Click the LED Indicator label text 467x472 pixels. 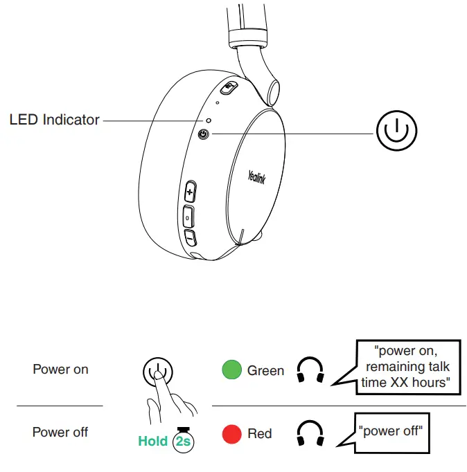(54, 120)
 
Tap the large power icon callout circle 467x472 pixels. (396, 130)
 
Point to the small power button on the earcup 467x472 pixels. (204, 134)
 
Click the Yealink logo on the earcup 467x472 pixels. (256, 178)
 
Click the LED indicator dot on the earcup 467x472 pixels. (208, 120)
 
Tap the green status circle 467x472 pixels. (231, 370)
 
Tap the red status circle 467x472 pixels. (231, 434)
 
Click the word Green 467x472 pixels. (265, 371)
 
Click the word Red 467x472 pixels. (260, 434)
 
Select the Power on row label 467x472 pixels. (60, 370)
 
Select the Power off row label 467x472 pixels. (60, 433)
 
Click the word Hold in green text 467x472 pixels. (152, 441)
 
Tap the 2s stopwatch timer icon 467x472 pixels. (184, 439)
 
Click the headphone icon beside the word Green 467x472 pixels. (310, 370)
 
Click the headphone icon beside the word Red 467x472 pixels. (310, 434)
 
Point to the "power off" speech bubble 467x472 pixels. (392, 431)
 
